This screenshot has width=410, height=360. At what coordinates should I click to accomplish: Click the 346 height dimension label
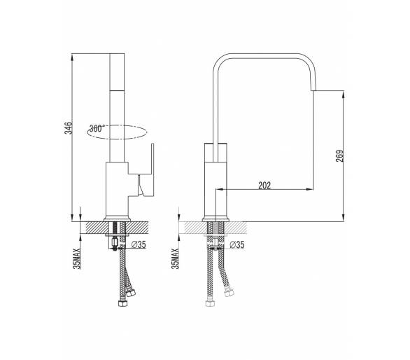point(69,127)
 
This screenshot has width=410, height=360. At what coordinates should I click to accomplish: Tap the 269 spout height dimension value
point(339,155)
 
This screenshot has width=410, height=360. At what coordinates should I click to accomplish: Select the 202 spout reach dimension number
point(264,186)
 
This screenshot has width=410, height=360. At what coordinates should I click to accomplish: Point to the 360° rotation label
point(97,128)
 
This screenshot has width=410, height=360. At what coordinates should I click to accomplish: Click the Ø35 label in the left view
point(139,244)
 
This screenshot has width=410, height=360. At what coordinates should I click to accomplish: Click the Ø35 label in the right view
point(237,244)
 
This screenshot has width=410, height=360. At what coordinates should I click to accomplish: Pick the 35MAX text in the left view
point(77,258)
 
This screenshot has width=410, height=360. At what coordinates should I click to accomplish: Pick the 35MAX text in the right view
point(175,258)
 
